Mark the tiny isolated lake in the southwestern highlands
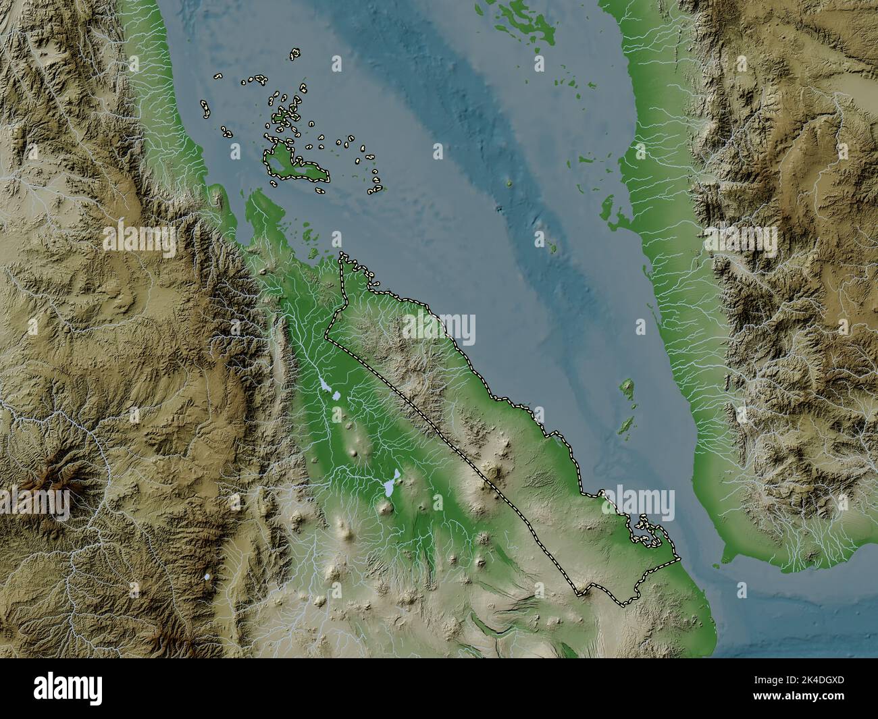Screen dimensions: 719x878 click(x=207, y=577)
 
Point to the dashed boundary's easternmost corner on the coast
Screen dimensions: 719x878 click(x=678, y=559)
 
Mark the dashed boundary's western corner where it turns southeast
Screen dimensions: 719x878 click(x=326, y=334)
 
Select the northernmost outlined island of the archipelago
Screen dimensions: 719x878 click(x=295, y=53)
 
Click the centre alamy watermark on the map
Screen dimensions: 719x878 click(x=439, y=328)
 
